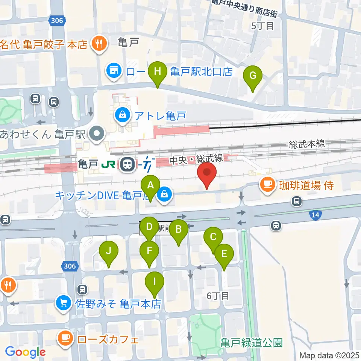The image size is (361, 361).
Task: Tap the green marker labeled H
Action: tap(158, 71)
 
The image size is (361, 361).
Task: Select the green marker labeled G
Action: tap(253, 75)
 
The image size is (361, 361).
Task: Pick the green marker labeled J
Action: tap(108, 250)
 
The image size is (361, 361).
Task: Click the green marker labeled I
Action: tap(154, 281)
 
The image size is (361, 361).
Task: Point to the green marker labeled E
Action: tap(224, 253)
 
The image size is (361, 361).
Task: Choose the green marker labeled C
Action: tap(213, 237)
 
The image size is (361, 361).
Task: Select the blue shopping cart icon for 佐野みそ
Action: tap(63, 303)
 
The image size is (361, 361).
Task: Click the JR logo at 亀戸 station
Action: tap(110, 164)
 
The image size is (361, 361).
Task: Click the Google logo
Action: tap(26, 352)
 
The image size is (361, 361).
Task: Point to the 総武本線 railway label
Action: tap(307, 144)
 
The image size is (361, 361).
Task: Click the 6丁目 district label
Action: tap(218, 296)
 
